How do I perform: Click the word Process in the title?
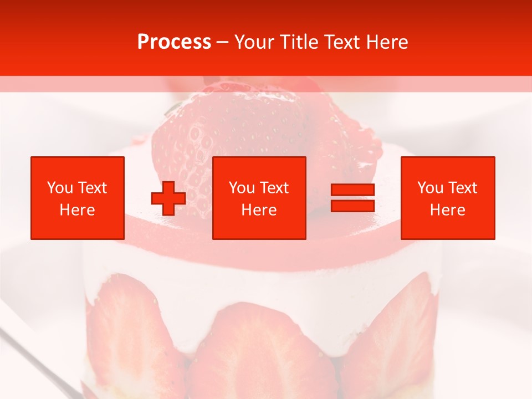pos(174,42)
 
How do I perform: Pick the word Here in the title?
pos(388,42)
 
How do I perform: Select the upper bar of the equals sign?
pos(352,190)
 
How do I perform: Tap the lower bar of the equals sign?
pos(352,206)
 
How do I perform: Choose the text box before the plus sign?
pos(78,198)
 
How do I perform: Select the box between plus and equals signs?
pos(259,198)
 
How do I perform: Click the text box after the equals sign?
pos(448,198)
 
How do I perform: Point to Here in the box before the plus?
pos(78,210)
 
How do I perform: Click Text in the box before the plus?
pos(93,188)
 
